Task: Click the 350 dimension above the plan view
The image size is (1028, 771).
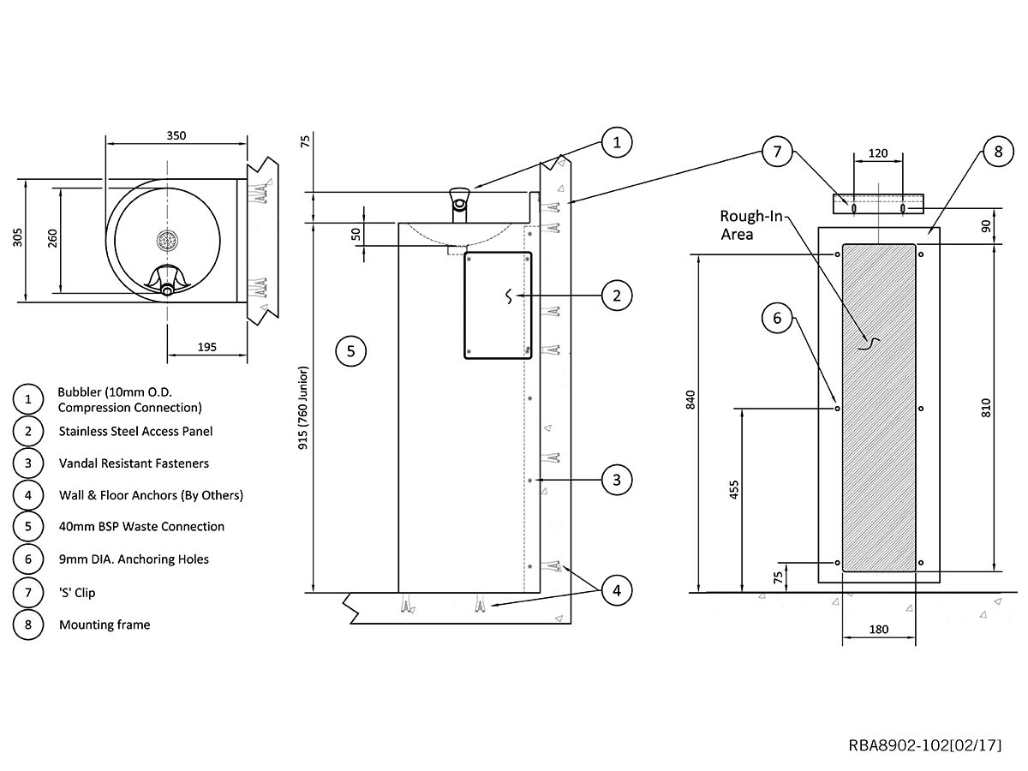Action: coord(176,135)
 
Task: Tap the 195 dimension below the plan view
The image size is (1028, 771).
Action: coord(206,347)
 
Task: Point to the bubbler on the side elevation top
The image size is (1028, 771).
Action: coord(460,202)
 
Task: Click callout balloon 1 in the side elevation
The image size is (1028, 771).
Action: coord(616,142)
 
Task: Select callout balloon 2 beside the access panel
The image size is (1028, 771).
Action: coord(616,296)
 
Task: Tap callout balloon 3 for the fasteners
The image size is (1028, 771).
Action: coord(616,480)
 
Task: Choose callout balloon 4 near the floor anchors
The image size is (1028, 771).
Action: coord(616,590)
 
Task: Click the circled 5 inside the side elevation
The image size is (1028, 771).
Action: coord(351,350)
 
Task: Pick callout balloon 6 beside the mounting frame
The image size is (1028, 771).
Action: coord(777,318)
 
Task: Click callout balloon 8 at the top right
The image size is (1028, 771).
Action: coord(998,152)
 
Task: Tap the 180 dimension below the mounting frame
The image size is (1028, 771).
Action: coord(878,630)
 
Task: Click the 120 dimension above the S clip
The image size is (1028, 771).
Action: coord(878,154)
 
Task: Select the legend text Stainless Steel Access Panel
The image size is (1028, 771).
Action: coord(135,431)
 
